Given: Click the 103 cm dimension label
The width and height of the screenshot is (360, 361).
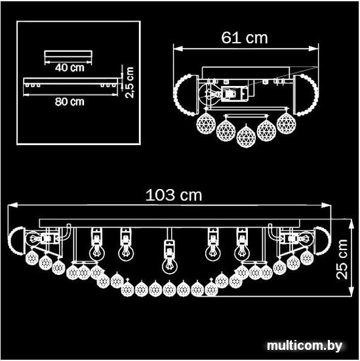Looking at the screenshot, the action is [174, 195].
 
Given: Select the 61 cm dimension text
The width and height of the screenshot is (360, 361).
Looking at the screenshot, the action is [245, 37].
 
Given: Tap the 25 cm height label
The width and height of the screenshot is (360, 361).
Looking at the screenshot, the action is [342, 259].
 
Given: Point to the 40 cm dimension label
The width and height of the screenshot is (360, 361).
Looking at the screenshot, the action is [70, 68].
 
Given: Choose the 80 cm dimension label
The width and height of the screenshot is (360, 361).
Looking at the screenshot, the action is [70, 102].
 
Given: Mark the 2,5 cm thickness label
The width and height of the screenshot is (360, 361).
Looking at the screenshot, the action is [129, 83].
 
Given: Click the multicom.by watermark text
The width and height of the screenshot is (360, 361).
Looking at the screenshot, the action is [304, 346].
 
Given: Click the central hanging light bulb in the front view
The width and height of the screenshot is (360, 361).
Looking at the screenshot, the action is [170, 265].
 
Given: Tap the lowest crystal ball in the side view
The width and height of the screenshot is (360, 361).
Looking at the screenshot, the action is [246, 137].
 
